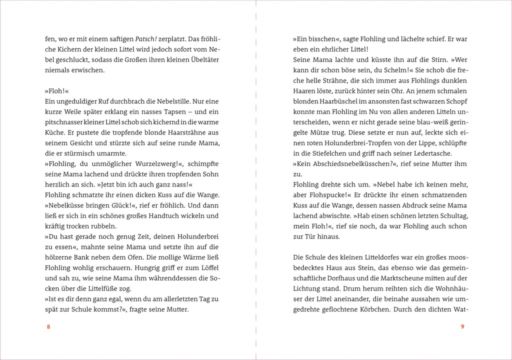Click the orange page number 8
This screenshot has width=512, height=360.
48,326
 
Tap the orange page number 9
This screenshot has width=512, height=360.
463,326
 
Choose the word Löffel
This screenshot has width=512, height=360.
209,267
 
